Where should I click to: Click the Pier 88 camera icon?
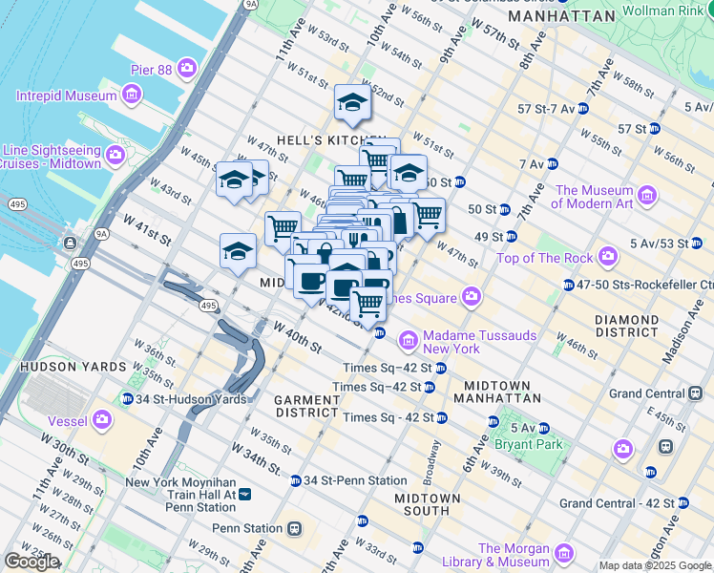(x=187, y=69)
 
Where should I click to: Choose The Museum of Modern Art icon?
(x=648, y=197)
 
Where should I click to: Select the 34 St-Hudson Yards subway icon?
(x=128, y=399)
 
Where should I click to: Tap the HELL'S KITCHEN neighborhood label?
(x=331, y=140)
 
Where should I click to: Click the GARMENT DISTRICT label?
(x=306, y=406)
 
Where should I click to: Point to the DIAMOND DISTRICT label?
(x=625, y=326)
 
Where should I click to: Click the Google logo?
(x=31, y=562)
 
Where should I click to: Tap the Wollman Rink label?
(x=662, y=11)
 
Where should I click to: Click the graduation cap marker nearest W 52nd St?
(x=352, y=102)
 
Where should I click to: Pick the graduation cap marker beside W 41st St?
(x=238, y=251)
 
